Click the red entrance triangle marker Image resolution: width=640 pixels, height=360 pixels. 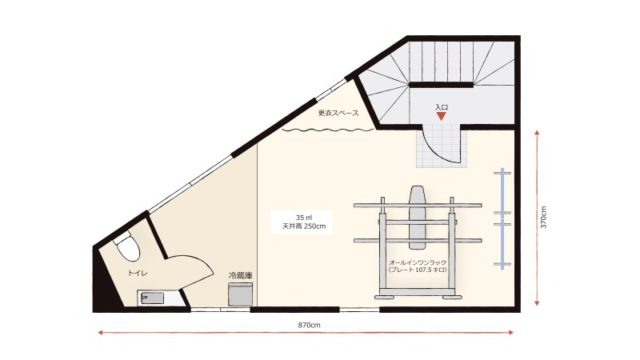442,116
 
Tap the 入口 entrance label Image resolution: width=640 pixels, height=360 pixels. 442,107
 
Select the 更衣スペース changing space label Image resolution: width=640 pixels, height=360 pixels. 338,113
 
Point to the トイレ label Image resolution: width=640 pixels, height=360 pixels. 138,273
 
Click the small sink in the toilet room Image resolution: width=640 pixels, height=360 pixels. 152,298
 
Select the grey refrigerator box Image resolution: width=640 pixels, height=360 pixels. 241,294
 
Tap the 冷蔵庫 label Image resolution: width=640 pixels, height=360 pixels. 240,275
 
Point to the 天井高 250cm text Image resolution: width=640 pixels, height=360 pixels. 304,226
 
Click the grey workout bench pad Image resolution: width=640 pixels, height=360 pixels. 417,218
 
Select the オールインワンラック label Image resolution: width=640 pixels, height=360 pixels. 418,262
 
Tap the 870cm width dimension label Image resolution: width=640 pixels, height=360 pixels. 309,326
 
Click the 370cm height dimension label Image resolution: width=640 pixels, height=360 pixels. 543,217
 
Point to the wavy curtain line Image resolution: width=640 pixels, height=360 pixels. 328,130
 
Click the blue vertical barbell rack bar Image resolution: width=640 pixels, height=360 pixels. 502,218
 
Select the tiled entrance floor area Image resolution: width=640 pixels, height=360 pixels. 442,146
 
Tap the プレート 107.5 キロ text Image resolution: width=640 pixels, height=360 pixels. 418,270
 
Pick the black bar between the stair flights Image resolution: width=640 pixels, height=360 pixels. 442,85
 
